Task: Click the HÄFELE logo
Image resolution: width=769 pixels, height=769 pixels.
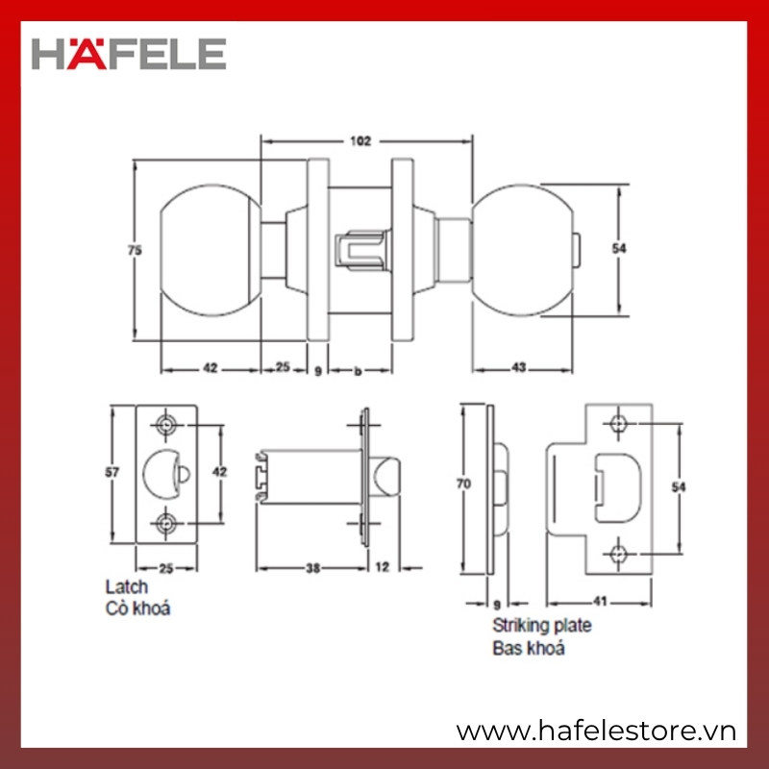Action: [129, 54]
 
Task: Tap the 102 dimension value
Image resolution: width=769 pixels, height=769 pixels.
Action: [360, 141]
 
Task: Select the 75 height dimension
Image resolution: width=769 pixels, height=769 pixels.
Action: [135, 250]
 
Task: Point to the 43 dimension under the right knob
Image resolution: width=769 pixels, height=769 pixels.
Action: [519, 367]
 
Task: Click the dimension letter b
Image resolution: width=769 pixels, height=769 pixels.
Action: [358, 371]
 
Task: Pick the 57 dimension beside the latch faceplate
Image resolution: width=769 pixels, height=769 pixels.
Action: [112, 472]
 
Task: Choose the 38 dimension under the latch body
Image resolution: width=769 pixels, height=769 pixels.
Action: [313, 568]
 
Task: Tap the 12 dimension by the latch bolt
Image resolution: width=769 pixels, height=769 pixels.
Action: [382, 567]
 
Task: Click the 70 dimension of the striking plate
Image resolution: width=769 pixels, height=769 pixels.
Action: [463, 484]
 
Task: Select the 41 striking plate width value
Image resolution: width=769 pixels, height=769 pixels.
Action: [600, 602]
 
